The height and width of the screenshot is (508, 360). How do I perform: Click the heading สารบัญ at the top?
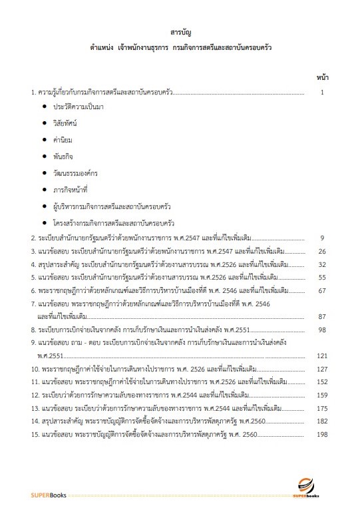[x=180, y=32]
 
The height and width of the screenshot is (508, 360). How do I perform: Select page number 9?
[x=321, y=238]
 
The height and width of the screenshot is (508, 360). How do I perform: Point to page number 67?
[x=321, y=290]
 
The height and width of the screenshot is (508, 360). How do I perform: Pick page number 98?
[x=321, y=330]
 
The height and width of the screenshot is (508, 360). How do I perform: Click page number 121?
[x=321, y=356]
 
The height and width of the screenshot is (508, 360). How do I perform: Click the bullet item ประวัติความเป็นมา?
[x=83, y=107]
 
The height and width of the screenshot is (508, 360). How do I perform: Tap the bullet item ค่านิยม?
[x=65, y=140]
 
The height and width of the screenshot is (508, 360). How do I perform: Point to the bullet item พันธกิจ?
[x=65, y=156]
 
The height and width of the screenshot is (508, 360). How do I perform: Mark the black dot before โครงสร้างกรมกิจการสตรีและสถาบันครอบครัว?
[x=45, y=222]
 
